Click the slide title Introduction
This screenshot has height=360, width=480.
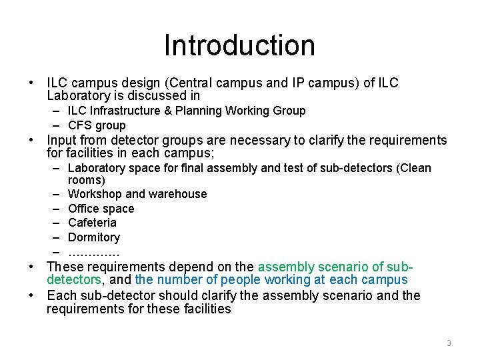point(239,45)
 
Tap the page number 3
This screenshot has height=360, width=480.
point(449,343)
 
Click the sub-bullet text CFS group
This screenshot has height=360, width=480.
point(97,125)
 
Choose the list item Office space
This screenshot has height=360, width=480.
point(101,209)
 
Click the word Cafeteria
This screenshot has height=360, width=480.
point(92,223)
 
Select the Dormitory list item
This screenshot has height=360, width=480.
point(94,237)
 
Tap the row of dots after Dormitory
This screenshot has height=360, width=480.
point(93,253)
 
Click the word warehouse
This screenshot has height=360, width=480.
point(178,194)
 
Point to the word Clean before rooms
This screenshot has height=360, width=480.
point(415,168)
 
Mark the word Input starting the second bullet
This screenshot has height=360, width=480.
point(61,140)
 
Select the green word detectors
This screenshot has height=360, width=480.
point(73,280)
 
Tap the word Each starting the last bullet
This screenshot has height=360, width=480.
point(61,295)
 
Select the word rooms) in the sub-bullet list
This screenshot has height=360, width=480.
point(87,180)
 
